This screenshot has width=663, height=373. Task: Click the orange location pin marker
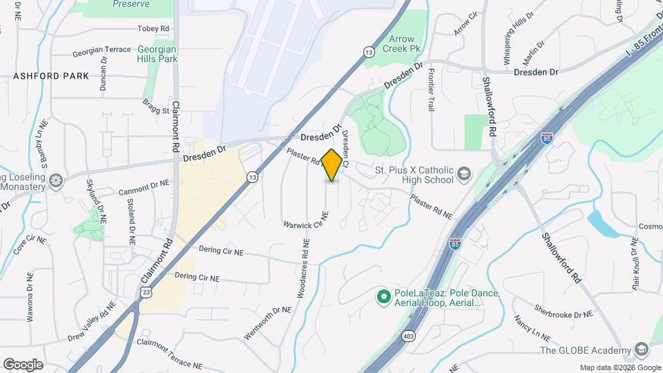pos(332,165)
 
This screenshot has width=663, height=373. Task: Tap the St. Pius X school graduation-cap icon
pos(464,174)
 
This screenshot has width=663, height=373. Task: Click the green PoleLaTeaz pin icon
pos(383,297)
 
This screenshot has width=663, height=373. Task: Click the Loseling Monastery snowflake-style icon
pos(57,181)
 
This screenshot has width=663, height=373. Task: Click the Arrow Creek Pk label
pos(401,45)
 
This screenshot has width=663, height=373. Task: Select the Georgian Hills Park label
pos(157,54)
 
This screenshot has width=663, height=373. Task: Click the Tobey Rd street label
pos(153,28)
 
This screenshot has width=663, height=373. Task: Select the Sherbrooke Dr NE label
pos(564,314)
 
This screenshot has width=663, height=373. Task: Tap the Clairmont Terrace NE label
pos(169,353)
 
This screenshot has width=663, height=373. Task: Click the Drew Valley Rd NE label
pos(91,316)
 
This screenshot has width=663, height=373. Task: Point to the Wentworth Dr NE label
pos(268,323)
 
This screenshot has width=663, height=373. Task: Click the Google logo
pos(23,364)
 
